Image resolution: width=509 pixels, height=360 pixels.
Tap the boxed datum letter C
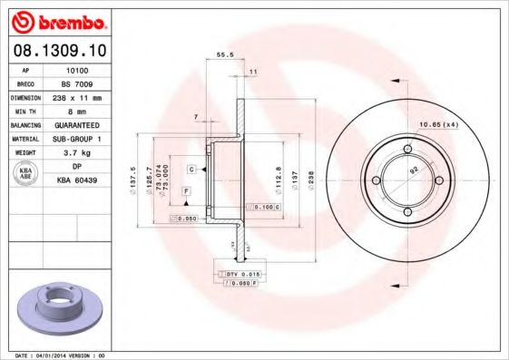(192, 170)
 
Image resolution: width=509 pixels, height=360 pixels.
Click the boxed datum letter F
(185, 191)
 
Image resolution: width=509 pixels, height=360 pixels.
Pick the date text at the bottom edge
(54, 355)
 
